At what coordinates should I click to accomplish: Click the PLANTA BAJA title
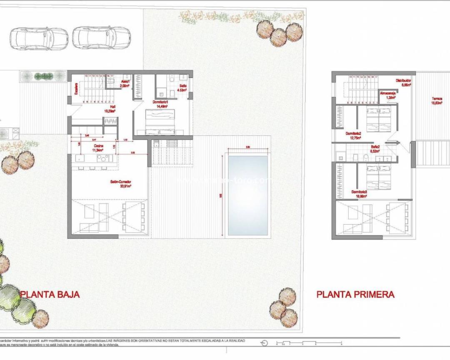(x=50, y=294)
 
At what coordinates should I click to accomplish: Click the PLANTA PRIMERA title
(x=355, y=294)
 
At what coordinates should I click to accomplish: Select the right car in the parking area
(x=101, y=39)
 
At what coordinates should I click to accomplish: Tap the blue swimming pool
(x=247, y=195)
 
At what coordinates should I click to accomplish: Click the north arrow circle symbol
(x=263, y=343)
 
